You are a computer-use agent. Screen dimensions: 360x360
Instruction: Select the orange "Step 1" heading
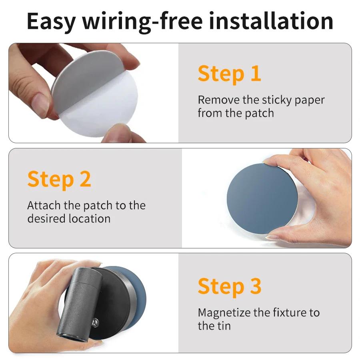tap(229, 74)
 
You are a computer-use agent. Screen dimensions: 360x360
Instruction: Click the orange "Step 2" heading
tap(59, 179)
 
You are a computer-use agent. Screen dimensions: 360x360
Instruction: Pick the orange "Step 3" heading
tap(229, 286)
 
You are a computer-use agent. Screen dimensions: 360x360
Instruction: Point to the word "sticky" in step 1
tap(276, 100)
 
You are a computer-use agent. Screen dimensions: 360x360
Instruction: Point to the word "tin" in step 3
tap(224, 326)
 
